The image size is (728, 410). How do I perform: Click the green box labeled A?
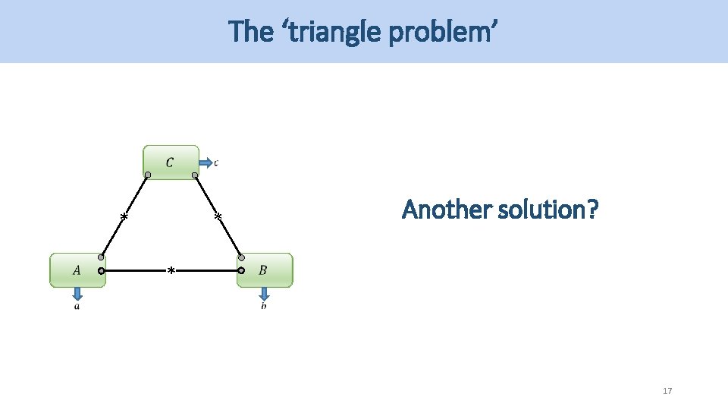pos(77,270)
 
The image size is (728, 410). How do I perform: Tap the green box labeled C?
pos(171,162)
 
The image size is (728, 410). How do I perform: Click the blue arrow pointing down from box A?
pos(77,294)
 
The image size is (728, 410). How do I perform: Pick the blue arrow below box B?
pos(264,294)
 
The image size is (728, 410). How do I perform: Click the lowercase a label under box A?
pos(77,306)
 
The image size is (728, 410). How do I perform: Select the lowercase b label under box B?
pos(264,306)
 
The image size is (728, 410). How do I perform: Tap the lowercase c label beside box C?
pos(216,162)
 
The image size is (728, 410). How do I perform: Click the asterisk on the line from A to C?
pos(124,218)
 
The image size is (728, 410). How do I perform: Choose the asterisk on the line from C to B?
pos(218,218)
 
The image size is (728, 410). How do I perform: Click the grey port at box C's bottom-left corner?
pos(148,175)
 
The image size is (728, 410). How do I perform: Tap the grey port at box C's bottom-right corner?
pos(195,175)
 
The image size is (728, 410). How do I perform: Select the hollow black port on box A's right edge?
pos(101,270)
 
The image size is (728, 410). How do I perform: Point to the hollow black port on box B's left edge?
pos(241,270)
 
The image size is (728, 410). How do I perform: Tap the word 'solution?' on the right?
pos(549,209)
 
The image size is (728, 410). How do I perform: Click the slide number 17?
pos(667,391)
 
